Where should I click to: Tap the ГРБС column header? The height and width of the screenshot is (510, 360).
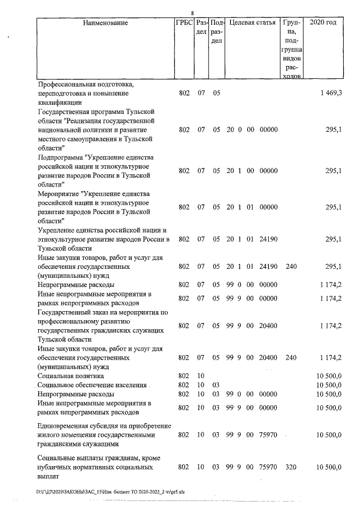click(x=184, y=23)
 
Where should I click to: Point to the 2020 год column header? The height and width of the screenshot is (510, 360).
click(x=327, y=23)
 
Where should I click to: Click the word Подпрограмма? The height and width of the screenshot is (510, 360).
click(x=61, y=157)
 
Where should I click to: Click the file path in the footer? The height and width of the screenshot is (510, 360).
click(x=110, y=491)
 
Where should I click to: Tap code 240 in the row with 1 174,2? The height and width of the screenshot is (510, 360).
click(x=291, y=357)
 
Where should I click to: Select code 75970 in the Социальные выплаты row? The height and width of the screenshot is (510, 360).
click(x=268, y=467)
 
